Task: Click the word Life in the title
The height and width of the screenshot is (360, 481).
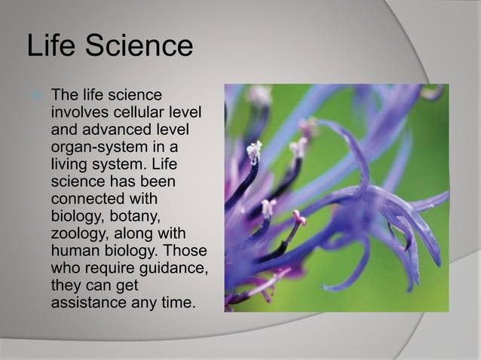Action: [51, 46]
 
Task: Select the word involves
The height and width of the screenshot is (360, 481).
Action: [78, 112]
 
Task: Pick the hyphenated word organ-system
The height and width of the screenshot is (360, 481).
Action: [97, 145]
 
